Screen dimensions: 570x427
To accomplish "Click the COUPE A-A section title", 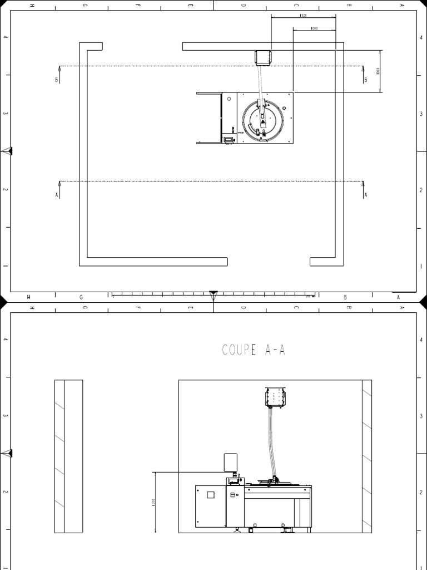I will (x=254, y=350).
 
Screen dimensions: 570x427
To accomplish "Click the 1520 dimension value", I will (x=303, y=16).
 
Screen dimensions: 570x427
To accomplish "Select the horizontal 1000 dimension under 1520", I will (x=314, y=28).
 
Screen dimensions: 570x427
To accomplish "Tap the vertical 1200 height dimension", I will (x=153, y=502).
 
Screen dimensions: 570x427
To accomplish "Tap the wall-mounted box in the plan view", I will (x=262, y=57).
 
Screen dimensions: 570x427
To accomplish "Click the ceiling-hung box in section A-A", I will (x=274, y=397).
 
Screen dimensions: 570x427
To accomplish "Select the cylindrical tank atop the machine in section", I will (x=231, y=464).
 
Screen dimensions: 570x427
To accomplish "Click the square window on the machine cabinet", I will (x=210, y=495).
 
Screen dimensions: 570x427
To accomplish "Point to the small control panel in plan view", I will (x=228, y=139).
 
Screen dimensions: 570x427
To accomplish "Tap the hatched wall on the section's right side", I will (x=366, y=456).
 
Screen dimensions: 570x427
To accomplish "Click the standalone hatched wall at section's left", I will (x=68, y=456).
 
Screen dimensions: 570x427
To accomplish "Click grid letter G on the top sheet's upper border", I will (x=85, y=5).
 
